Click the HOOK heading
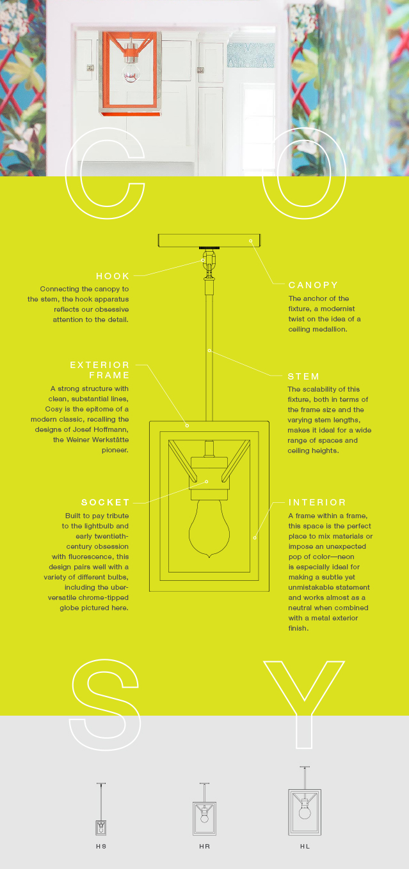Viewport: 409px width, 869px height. (x=113, y=276)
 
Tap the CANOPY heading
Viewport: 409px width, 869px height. (x=313, y=285)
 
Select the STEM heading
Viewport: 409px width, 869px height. (x=303, y=376)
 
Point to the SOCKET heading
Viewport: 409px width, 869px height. (x=105, y=502)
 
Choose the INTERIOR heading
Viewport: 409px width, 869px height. (x=317, y=502)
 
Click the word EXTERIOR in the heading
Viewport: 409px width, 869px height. (x=99, y=365)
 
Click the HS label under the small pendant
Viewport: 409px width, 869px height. (x=101, y=847)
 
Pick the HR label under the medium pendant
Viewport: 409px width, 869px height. (x=205, y=847)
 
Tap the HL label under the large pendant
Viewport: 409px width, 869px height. (x=305, y=847)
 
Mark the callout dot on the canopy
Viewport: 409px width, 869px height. (x=251, y=241)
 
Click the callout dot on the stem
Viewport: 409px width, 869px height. (x=209, y=351)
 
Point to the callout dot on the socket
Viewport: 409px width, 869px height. (x=207, y=481)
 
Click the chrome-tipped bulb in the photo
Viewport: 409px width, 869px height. (x=131, y=72)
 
